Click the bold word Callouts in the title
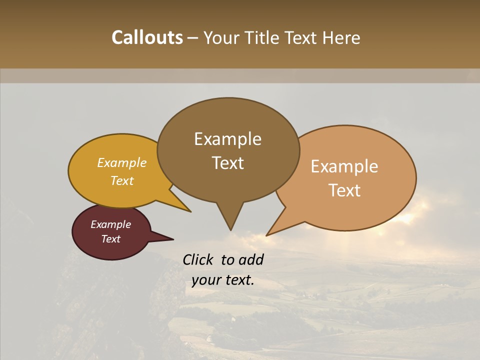[147, 37]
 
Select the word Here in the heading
[341, 37]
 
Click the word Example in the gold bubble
[122, 163]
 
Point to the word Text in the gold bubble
[122, 180]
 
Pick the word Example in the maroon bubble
[111, 224]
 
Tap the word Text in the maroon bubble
[111, 239]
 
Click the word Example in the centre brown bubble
[227, 139]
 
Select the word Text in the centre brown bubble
[227, 163]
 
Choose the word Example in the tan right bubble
[344, 166]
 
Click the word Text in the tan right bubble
[344, 190]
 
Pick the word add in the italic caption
[252, 259]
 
